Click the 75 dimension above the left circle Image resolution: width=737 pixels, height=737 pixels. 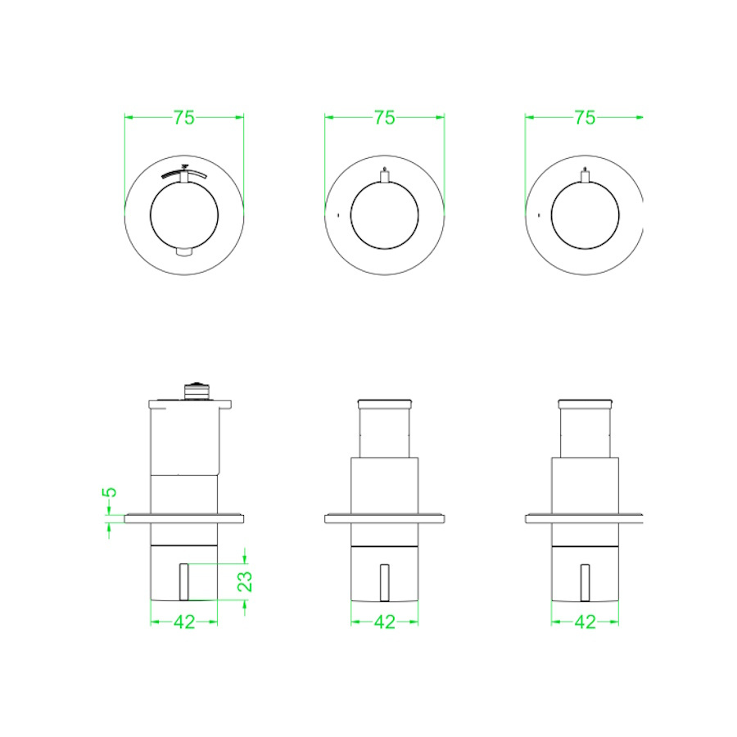pyautogui.click(x=184, y=117)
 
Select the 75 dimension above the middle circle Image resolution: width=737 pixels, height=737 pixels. pyautogui.click(x=385, y=117)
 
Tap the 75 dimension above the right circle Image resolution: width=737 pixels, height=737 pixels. pyautogui.click(x=585, y=117)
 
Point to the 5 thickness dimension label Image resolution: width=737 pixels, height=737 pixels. pyautogui.click(x=110, y=492)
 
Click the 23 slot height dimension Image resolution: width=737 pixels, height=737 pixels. pyautogui.click(x=245, y=581)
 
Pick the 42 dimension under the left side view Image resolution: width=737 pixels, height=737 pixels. pyautogui.click(x=184, y=622)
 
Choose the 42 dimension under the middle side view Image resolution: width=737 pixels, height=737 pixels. pyautogui.click(x=385, y=622)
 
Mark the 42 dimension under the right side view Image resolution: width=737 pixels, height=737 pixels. pyautogui.click(x=585, y=622)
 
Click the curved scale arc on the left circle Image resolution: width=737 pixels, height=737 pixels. pyautogui.click(x=184, y=173)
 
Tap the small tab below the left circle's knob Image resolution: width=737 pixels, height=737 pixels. pyautogui.click(x=184, y=252)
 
